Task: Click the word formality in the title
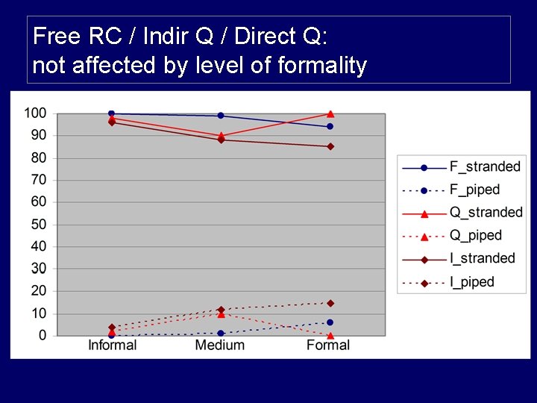coord(321,66)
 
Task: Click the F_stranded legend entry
coord(485,166)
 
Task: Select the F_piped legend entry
coord(474,190)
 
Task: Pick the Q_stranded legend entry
coord(486,213)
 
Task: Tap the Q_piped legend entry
coord(475,236)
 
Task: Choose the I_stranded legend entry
coord(482,258)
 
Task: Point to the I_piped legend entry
coord(471,282)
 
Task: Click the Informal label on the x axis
coord(112,345)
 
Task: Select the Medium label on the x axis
coord(220,345)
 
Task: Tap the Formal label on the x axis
coord(328,345)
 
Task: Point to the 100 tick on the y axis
coord(34,113)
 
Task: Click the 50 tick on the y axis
coord(38,225)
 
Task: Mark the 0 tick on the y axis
coord(42,336)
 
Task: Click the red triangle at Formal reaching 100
coord(330,113)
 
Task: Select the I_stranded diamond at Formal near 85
coord(330,146)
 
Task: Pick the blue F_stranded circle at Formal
coord(330,127)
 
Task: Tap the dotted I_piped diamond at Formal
coord(330,303)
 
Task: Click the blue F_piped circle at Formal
coord(330,322)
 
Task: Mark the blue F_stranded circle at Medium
coord(221,116)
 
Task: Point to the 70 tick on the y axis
coord(38,180)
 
